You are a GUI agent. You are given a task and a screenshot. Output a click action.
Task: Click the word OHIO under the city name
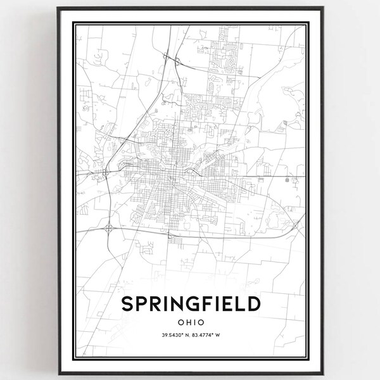point(190,322)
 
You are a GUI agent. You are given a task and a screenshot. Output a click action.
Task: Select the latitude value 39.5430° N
point(172,335)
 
